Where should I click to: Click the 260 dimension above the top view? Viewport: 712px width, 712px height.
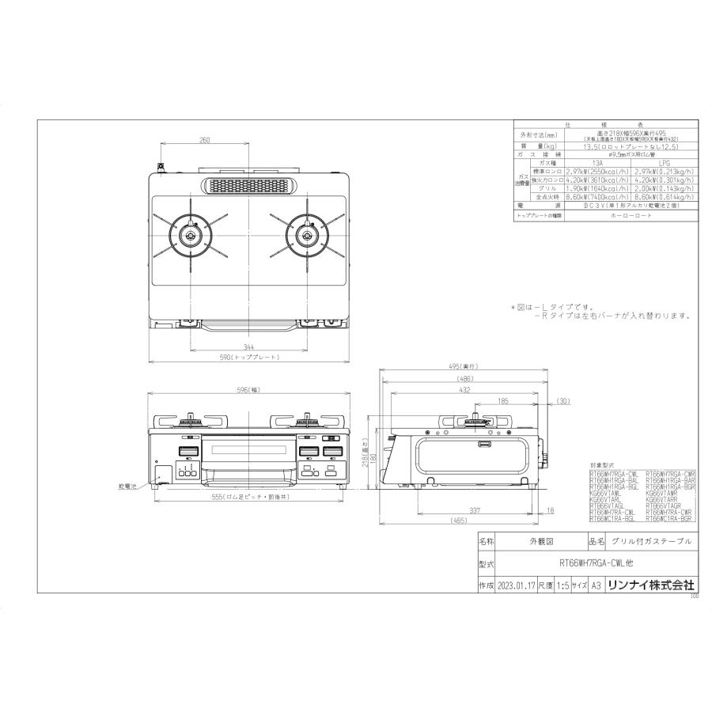(x=205, y=141)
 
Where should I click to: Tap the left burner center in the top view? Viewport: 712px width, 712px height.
(x=191, y=235)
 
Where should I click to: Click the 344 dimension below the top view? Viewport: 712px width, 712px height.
(x=248, y=347)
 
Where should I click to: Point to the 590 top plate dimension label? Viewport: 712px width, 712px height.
(x=248, y=358)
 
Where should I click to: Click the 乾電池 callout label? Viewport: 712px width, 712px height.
(x=127, y=487)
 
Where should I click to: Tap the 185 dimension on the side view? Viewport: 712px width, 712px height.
(x=503, y=401)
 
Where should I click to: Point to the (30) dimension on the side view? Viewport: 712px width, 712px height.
(x=563, y=401)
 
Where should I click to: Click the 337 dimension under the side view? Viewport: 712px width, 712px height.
(x=475, y=512)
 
